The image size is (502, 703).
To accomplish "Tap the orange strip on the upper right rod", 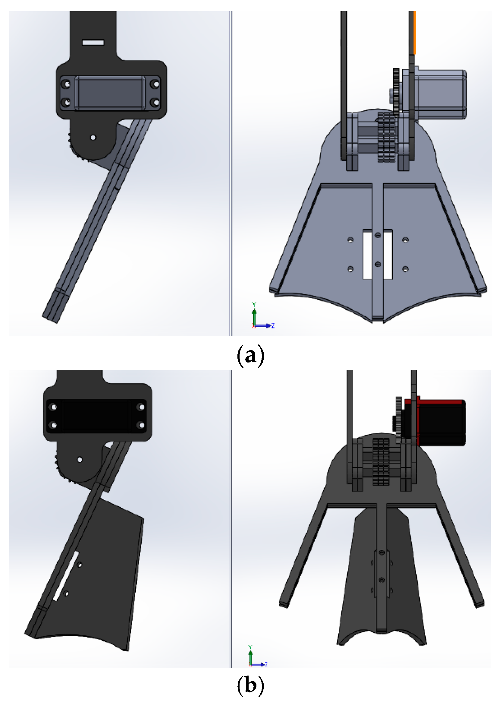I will (415, 33).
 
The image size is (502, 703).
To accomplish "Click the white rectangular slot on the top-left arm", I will (93, 43).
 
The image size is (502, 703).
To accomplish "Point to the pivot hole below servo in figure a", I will (93, 138).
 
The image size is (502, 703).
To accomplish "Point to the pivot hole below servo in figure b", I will (80, 460).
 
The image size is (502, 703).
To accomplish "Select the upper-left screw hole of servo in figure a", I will (66, 84).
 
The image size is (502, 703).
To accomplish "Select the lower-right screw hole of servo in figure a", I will (156, 102).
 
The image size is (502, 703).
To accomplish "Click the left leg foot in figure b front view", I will (284, 604).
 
